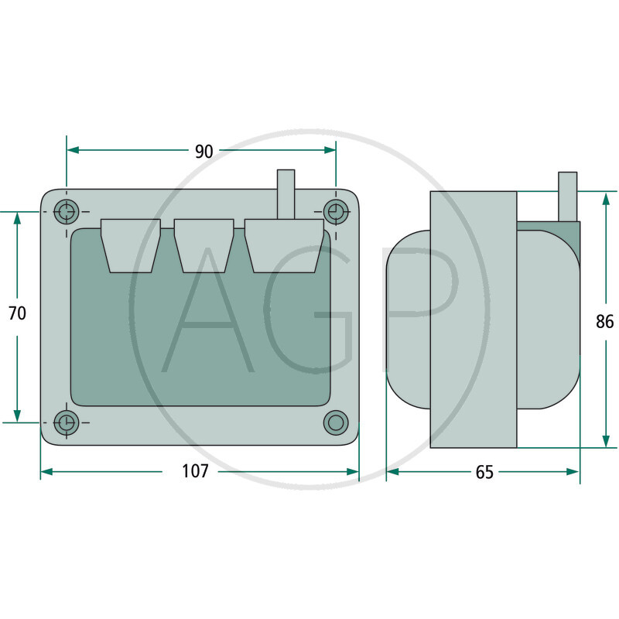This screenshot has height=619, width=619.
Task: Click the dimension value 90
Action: (203, 152)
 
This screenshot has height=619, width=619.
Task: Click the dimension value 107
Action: (195, 471)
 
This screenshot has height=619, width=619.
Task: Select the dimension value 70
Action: (17, 313)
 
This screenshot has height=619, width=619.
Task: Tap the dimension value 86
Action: (605, 322)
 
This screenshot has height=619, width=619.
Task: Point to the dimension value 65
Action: (484, 472)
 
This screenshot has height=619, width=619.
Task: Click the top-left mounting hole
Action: (67, 211)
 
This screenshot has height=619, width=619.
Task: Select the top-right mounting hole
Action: (336, 211)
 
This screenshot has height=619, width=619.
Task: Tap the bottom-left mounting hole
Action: (67, 422)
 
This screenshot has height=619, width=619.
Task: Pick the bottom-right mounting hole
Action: (336, 422)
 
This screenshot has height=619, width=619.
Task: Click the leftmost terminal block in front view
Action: (131, 245)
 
